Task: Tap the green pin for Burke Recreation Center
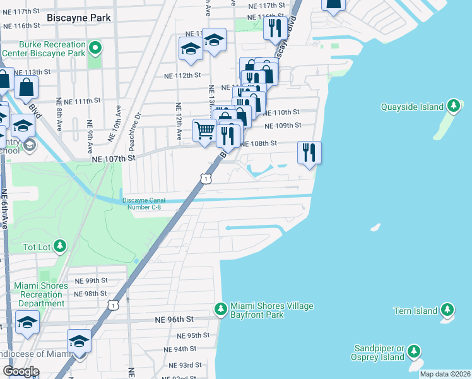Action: click(x=95, y=47)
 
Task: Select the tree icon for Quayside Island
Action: click(x=453, y=105)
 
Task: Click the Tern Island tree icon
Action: click(x=447, y=310)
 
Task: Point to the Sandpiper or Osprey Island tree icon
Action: click(x=414, y=351)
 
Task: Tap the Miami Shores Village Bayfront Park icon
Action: click(x=220, y=309)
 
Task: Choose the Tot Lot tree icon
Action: click(x=59, y=245)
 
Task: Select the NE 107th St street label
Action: click(x=114, y=160)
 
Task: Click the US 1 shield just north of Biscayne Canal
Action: click(x=205, y=179)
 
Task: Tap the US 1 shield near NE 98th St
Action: click(x=112, y=305)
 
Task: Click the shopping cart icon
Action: click(x=204, y=131)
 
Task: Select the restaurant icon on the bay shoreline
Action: click(x=309, y=152)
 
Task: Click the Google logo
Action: click(x=21, y=371)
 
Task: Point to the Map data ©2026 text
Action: click(x=445, y=374)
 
